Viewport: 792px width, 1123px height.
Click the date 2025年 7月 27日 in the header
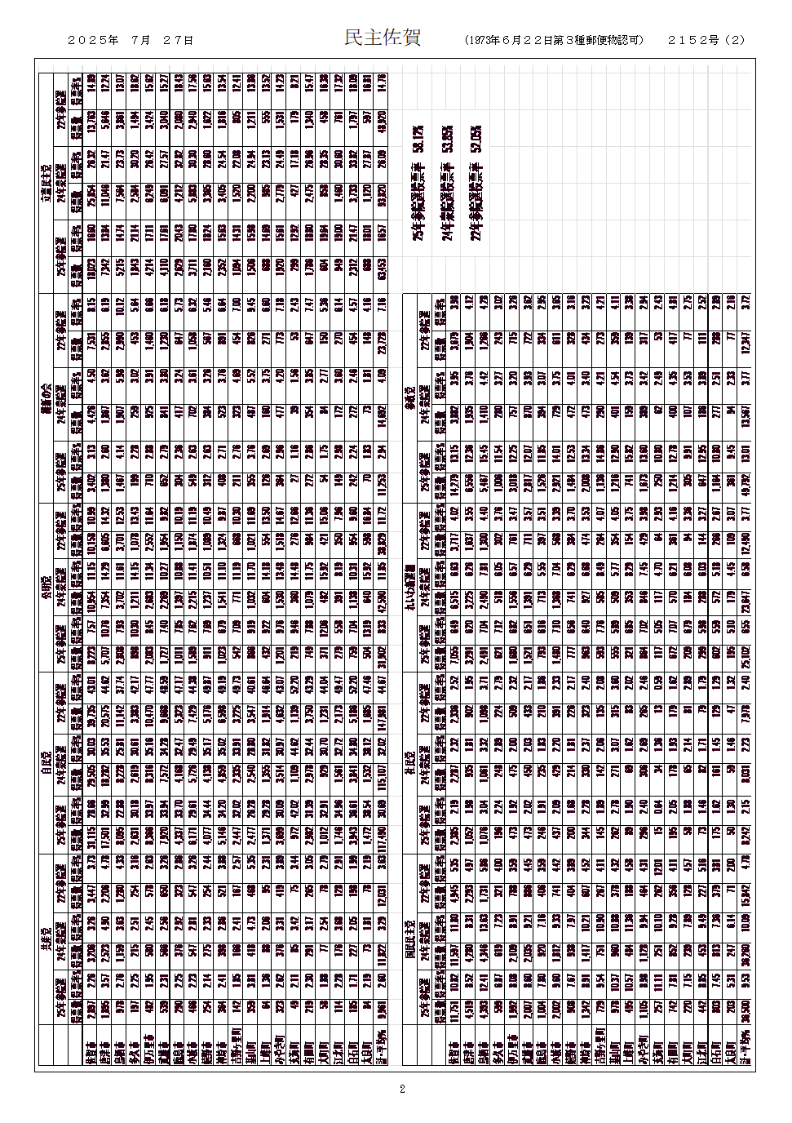tap(131, 40)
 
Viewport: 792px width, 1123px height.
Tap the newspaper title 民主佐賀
tap(382, 38)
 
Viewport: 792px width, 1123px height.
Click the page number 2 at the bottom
tap(402, 1089)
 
